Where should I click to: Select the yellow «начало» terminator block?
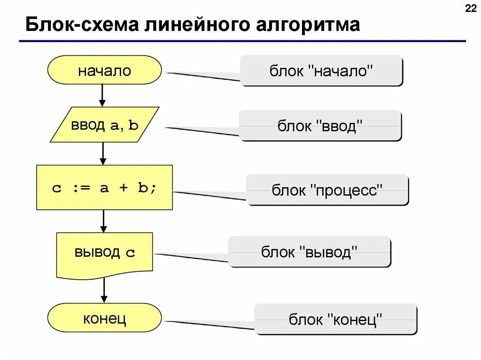click(x=104, y=70)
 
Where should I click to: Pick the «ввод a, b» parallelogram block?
click(x=104, y=125)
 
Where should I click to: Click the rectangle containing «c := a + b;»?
click(x=104, y=187)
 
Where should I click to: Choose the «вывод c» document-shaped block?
click(x=104, y=253)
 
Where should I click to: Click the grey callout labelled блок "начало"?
click(x=321, y=71)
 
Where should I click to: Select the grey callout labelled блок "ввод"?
click(x=320, y=125)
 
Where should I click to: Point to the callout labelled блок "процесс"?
click(x=327, y=190)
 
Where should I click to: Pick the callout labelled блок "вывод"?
click(x=310, y=252)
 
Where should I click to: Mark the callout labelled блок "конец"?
click(x=335, y=319)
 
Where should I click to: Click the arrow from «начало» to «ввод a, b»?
click(x=102, y=96)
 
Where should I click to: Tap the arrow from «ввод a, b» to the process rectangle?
click(x=103, y=153)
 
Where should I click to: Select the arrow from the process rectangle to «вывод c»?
click(x=104, y=221)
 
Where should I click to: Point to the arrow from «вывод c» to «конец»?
click(x=104, y=291)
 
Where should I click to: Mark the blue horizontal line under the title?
click(x=242, y=41)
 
